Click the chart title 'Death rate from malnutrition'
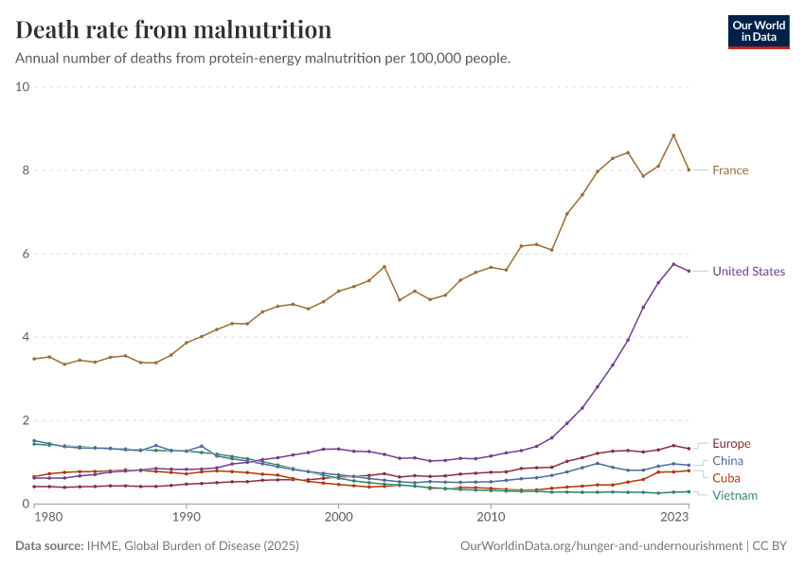(x=174, y=29)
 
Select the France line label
(x=730, y=170)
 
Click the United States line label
(x=748, y=272)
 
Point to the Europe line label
(x=731, y=444)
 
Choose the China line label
(x=727, y=461)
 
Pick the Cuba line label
(x=726, y=478)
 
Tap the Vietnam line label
(x=735, y=495)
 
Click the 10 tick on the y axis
(x=23, y=87)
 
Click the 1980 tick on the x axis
(x=48, y=518)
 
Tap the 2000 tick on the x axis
(x=338, y=518)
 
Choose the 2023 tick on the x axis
(x=674, y=518)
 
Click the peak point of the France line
(x=673, y=135)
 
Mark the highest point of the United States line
(x=673, y=264)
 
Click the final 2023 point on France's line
(x=689, y=169)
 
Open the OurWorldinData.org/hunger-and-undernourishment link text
(x=601, y=546)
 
